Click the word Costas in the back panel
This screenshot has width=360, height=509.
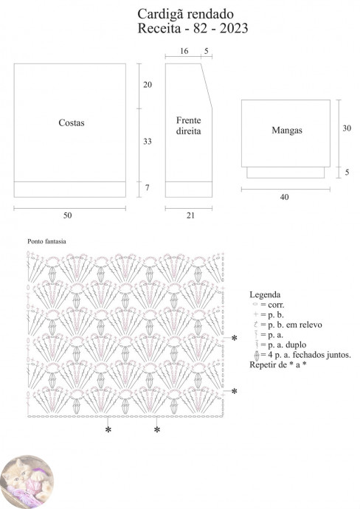pyautogui.click(x=72, y=122)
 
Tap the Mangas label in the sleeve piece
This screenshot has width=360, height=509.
pyautogui.click(x=287, y=130)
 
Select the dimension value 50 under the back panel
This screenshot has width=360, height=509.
pyautogui.click(x=68, y=215)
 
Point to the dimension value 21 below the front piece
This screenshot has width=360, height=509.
pyautogui.click(x=190, y=215)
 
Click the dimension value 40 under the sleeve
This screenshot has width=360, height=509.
pyautogui.click(x=284, y=197)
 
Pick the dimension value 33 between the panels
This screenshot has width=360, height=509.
pyautogui.click(x=148, y=141)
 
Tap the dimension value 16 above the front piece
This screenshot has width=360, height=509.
pyautogui.click(x=184, y=51)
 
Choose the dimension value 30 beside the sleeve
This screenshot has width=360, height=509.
pyautogui.click(x=347, y=128)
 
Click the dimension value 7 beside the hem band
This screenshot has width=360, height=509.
pyautogui.click(x=148, y=187)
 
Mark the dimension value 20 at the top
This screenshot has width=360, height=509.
pyautogui.click(x=148, y=84)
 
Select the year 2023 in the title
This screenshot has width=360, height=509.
pyautogui.click(x=234, y=28)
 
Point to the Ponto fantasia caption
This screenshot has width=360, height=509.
pyautogui.click(x=46, y=241)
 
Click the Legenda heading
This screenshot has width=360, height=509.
pyautogui.click(x=265, y=295)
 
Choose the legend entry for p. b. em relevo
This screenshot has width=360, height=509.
pyautogui.click(x=288, y=325)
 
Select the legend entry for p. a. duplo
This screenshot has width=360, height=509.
pyautogui.click(x=280, y=344)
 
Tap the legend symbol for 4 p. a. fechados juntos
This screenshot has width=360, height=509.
pyautogui.click(x=257, y=356)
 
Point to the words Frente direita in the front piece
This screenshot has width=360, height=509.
pyautogui.click(x=189, y=125)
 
